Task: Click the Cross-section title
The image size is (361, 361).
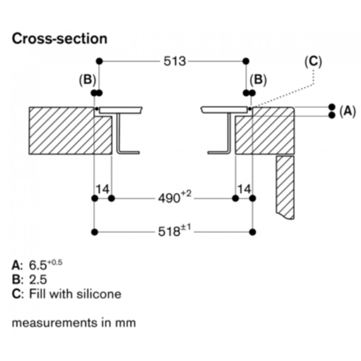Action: point(59,39)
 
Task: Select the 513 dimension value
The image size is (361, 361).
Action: point(174,61)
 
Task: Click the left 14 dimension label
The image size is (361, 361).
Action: point(102,190)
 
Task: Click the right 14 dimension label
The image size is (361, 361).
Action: point(244,190)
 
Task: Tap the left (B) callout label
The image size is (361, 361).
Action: point(87,80)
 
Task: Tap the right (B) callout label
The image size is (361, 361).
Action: point(258,80)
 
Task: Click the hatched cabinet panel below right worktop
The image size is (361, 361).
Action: point(285,187)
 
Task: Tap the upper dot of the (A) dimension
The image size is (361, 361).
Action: point(332,107)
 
